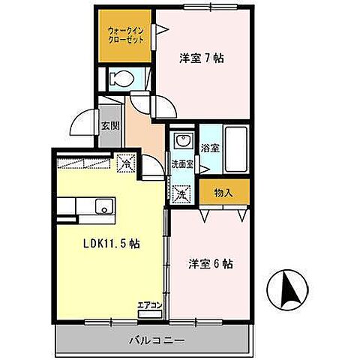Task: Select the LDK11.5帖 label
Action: click(112, 244)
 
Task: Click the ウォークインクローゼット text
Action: click(124, 36)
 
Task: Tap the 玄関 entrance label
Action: click(110, 125)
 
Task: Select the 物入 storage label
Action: click(223, 193)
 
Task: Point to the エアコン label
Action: click(148, 305)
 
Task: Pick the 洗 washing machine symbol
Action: click(181, 193)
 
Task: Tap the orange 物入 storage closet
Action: click(223, 193)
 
